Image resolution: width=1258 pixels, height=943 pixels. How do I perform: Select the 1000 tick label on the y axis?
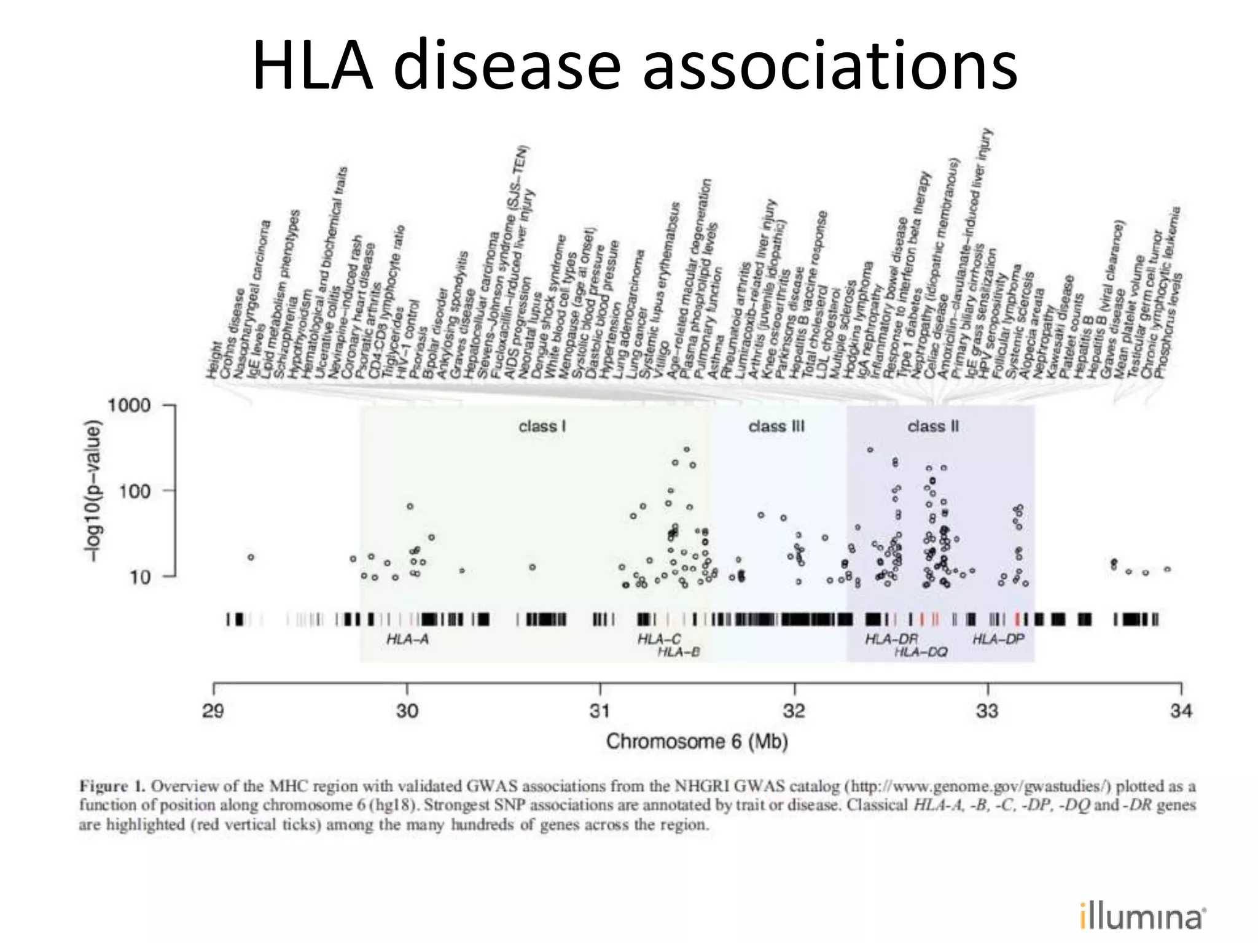coord(129,406)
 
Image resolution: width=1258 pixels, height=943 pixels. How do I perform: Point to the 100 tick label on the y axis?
coord(135,491)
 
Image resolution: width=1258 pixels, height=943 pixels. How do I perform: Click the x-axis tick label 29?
coord(213,711)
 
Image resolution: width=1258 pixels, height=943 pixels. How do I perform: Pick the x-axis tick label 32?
coord(794,711)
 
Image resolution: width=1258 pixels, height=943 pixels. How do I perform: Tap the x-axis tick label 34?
coord(1181,711)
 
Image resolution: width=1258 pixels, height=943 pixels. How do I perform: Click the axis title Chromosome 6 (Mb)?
coord(697,742)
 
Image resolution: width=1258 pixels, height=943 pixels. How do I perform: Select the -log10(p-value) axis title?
coord(92,490)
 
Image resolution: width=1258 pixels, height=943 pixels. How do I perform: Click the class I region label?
coord(542,426)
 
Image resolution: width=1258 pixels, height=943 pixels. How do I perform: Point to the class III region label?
coord(776,426)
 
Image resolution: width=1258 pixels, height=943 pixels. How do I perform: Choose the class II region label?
coord(932,426)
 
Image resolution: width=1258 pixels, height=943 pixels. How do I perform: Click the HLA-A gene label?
coord(407,640)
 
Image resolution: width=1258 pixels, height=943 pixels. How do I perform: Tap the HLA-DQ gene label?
coord(920,652)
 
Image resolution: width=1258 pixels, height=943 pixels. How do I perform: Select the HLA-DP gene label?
coord(998,640)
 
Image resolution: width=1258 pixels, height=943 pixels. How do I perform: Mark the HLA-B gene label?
coord(678,652)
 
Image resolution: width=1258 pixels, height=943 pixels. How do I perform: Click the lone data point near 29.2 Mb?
coord(251,557)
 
